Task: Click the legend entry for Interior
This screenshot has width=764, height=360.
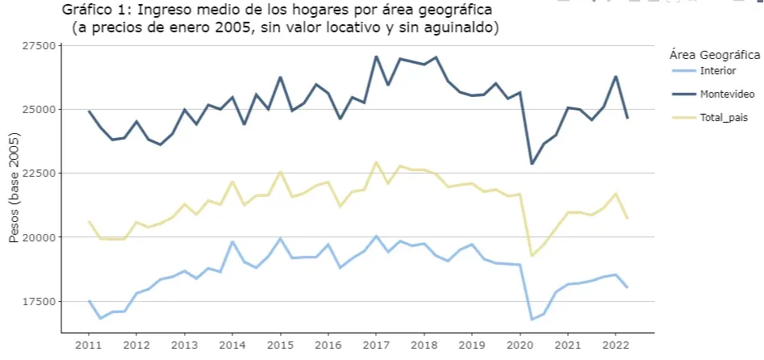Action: tap(718, 71)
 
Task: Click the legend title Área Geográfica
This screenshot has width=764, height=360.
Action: tap(715, 55)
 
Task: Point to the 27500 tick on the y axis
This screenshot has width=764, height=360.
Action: tap(38, 46)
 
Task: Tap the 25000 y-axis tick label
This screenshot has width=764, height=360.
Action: tap(38, 109)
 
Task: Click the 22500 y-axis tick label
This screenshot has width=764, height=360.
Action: tap(38, 173)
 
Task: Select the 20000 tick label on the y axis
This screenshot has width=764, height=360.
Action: tap(38, 237)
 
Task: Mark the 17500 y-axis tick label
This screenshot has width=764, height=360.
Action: tap(38, 301)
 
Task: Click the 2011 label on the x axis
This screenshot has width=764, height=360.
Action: tap(89, 345)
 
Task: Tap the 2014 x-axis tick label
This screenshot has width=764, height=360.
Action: tap(232, 345)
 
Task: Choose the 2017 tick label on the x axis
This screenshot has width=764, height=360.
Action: tap(376, 345)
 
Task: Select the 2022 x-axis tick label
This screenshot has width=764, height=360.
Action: tap(615, 345)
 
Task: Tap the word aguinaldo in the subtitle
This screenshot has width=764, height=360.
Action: tap(462, 28)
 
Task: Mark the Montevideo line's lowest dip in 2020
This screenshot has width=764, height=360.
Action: tap(532, 164)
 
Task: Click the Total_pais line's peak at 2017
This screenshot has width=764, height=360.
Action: tap(376, 162)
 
